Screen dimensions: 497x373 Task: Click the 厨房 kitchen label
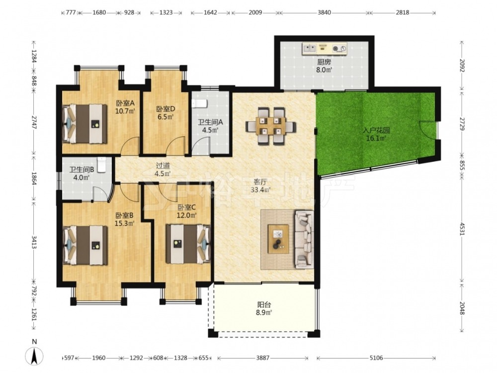pos(324,62)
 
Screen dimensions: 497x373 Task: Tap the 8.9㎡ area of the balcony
pos(264,313)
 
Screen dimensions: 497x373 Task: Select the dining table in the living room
pos(271,126)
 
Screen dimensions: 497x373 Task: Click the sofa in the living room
pos(304,239)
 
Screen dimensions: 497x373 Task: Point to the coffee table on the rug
pos(278,239)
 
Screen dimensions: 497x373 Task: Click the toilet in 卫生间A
pos(199,103)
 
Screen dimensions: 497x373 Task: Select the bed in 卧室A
pos(84,124)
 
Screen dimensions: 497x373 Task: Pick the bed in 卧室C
pos(188,244)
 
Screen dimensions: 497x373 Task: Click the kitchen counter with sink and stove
pos(325,48)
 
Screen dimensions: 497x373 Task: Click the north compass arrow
pos(34,356)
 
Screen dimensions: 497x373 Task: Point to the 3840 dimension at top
pos(324,13)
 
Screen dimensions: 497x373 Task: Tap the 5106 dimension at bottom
pos(376,358)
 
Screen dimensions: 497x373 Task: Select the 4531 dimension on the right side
pos(462,228)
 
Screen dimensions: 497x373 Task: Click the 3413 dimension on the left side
pos(34,241)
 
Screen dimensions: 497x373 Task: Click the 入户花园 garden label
pos(376,130)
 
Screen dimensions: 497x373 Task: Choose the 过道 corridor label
pos(163,166)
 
